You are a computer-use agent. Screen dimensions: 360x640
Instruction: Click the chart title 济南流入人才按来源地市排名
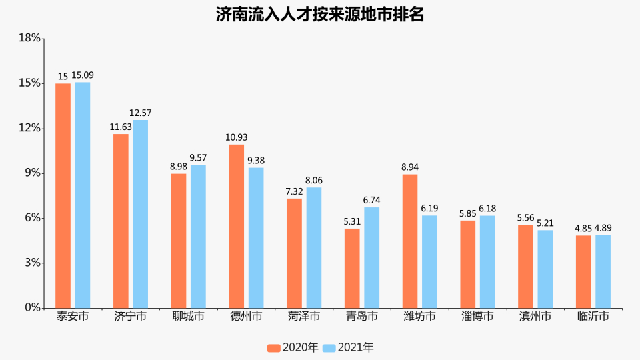(x=320, y=14)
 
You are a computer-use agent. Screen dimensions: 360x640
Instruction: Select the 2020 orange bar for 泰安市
(x=63, y=195)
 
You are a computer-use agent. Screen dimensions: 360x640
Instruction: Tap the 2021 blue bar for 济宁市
(x=140, y=213)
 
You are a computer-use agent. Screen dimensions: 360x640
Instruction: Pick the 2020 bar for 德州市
(x=237, y=226)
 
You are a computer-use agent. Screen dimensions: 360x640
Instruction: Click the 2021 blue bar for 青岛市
(x=372, y=257)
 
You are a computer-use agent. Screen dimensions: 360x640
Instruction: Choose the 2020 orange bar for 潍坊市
(x=410, y=241)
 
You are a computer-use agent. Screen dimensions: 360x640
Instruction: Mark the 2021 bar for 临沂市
(x=603, y=271)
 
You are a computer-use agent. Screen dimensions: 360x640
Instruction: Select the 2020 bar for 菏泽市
(x=294, y=253)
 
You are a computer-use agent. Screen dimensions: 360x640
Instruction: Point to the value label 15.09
(x=83, y=75)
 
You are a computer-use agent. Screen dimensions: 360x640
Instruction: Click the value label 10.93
(x=236, y=137)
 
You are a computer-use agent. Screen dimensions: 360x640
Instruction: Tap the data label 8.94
(x=410, y=167)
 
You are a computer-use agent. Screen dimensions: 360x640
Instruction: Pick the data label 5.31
(x=352, y=221)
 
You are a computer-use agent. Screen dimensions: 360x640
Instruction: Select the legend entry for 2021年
(x=348, y=347)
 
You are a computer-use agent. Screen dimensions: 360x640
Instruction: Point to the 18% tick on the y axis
(x=29, y=38)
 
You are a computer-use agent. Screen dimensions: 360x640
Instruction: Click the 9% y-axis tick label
(x=31, y=173)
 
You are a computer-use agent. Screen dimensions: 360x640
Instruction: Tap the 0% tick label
(x=31, y=308)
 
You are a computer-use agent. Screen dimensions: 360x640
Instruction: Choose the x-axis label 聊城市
(x=188, y=316)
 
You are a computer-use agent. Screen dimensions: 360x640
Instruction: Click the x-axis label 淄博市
(x=477, y=316)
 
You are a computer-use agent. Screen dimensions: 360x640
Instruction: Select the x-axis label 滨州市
(x=535, y=316)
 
